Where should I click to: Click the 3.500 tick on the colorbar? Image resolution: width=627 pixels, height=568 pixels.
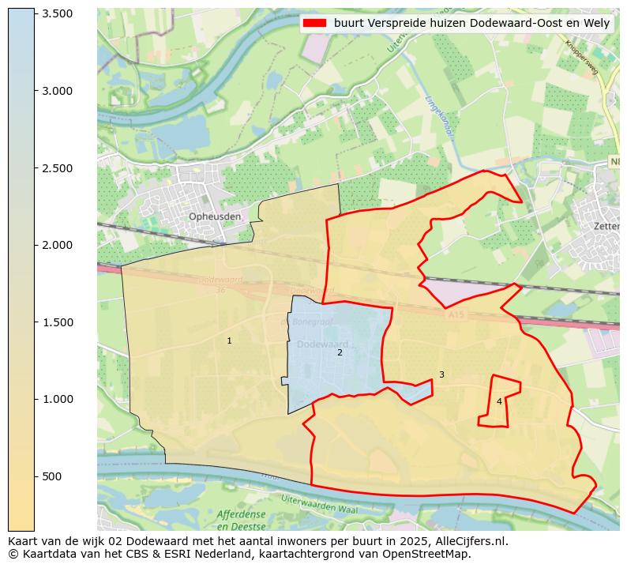pos(57,14)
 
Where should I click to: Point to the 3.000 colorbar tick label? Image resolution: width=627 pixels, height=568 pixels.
pos(57,91)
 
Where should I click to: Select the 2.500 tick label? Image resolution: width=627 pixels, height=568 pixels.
pos(57,168)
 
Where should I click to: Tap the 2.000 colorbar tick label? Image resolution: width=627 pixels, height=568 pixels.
pos(57,245)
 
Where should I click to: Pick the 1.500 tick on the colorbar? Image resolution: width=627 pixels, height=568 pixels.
pos(57,322)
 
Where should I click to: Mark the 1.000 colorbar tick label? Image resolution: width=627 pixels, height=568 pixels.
pos(57,399)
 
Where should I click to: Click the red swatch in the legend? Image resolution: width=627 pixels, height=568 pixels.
pos(316,24)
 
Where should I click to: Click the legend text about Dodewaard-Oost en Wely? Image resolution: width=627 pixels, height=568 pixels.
pos(471,24)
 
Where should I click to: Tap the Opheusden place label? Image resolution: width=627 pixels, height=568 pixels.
pos(215,216)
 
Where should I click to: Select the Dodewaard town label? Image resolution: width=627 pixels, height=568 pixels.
pos(322,344)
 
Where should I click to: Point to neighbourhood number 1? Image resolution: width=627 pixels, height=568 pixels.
pos(230,341)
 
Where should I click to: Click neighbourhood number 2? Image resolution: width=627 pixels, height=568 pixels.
pos(340,352)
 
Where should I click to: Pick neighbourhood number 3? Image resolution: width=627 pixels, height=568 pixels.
pos(441,374)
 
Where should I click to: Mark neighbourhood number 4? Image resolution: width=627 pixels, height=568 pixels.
pos(499,401)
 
